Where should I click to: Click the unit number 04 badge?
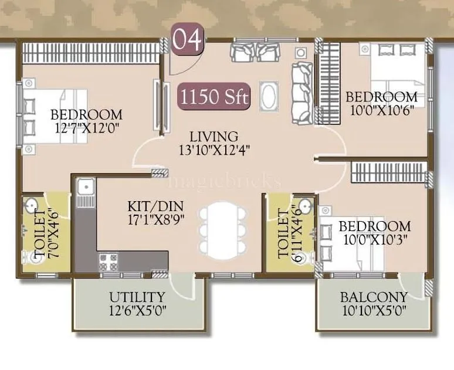pos(187,40)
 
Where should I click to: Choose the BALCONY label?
pos(374,297)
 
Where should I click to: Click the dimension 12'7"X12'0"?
pos(86,128)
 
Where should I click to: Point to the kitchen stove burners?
pos(108,260)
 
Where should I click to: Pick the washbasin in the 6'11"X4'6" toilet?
pos(304,206)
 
